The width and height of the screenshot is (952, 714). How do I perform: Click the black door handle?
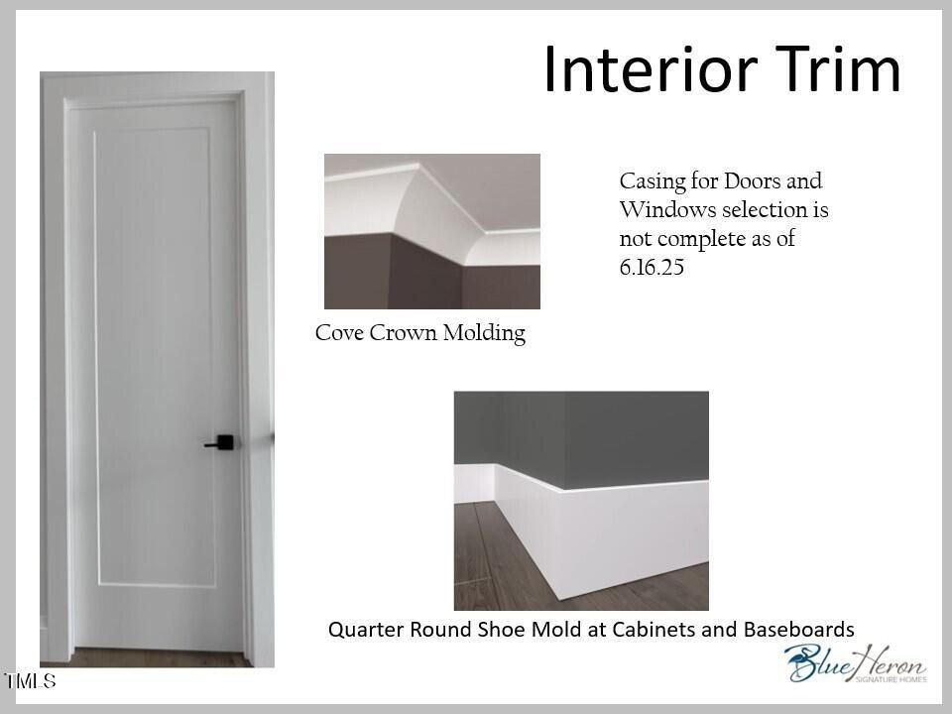click(x=220, y=442)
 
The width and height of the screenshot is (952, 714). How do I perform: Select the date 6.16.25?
click(x=652, y=267)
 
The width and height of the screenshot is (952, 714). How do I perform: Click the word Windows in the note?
click(x=667, y=209)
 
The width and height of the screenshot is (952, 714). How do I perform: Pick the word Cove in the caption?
click(x=339, y=333)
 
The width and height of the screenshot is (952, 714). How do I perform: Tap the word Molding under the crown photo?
click(x=484, y=333)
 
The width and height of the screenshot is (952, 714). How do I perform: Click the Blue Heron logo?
click(x=856, y=663)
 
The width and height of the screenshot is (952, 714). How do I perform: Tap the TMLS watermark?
click(x=30, y=680)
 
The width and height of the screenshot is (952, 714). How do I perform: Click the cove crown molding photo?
click(x=432, y=231)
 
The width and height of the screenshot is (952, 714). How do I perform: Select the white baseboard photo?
click(x=581, y=501)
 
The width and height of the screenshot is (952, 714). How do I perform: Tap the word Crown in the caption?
click(x=403, y=333)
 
